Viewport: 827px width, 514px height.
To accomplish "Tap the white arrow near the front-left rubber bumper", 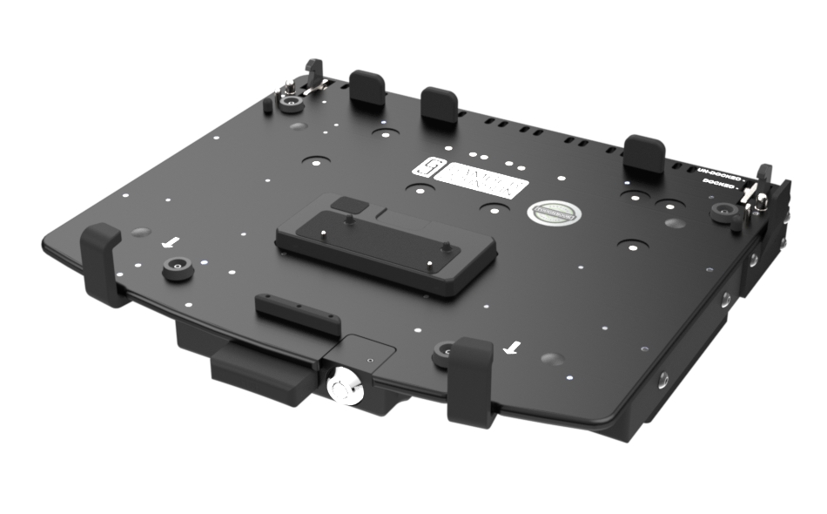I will tap(174, 241).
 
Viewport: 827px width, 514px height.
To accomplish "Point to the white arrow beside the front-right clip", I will tap(514, 348).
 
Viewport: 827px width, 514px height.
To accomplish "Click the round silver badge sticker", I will tap(549, 212).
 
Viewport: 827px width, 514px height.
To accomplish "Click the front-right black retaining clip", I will tap(473, 380).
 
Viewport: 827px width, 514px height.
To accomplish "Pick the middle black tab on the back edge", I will tap(439, 105).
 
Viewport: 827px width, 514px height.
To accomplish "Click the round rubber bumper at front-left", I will tap(178, 270).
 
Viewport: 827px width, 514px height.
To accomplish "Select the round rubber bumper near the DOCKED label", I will tap(722, 212).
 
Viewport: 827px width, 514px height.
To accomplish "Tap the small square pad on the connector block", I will tap(349, 206).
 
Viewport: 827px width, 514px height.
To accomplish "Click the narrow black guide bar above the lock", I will tap(297, 316).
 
